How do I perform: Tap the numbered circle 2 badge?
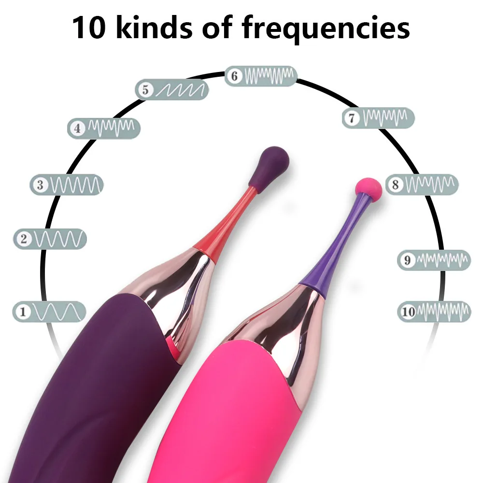pos(24,239)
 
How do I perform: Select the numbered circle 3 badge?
pos(40,185)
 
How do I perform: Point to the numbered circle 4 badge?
pos(77,128)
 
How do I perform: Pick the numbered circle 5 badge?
pos(144,89)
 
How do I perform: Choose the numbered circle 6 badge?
pos(235,76)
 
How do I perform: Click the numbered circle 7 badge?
pos(352,118)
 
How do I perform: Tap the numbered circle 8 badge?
pos(395,185)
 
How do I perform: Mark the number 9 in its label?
pos(407,261)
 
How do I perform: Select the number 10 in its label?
pos(409,312)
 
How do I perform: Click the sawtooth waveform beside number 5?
pos(181,89)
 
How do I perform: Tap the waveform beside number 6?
pos(269,76)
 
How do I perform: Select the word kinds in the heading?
pos(154,28)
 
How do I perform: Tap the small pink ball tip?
pos(369,190)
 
